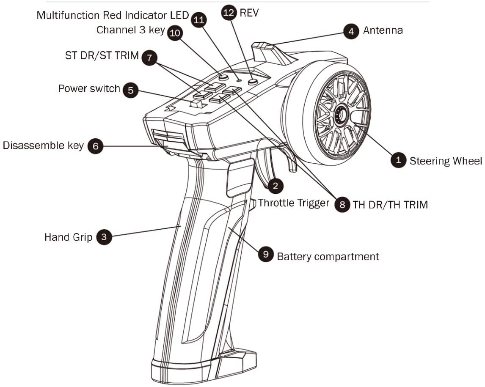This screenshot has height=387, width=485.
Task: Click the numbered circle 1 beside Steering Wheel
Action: point(398,160)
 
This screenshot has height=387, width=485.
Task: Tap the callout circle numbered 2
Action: point(275,185)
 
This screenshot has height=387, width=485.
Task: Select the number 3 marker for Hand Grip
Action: point(104,237)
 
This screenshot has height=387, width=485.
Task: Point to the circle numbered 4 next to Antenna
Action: point(351,31)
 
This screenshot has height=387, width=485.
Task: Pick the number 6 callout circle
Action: point(95,146)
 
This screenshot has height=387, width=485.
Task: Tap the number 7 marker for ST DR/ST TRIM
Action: point(149,57)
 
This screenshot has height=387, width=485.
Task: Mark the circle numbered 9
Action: point(265,254)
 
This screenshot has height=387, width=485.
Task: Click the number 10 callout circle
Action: point(175,33)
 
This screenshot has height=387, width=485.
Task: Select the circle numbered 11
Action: point(198,19)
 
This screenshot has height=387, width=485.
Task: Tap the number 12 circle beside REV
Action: point(229,13)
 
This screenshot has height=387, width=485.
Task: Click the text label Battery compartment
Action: point(328,256)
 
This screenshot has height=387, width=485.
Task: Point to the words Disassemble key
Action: point(43,146)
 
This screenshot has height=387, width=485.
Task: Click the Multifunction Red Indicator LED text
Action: point(113,16)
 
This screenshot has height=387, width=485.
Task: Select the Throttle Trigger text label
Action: point(293,203)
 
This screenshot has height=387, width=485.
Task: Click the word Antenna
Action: point(383,30)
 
